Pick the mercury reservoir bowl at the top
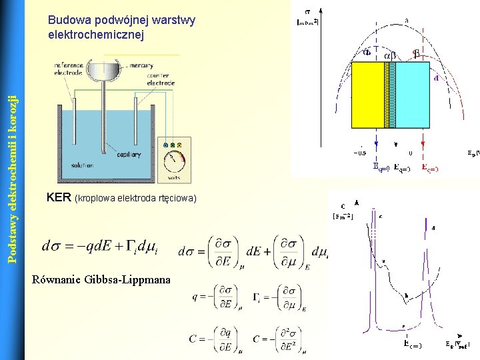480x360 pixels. click(104, 69)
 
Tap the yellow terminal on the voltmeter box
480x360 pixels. click(173, 145)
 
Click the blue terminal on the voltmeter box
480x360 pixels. click(165, 145)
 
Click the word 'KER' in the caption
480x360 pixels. click(59, 198)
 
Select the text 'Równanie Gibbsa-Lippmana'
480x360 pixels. click(101, 279)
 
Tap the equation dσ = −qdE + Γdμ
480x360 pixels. click(100, 246)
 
